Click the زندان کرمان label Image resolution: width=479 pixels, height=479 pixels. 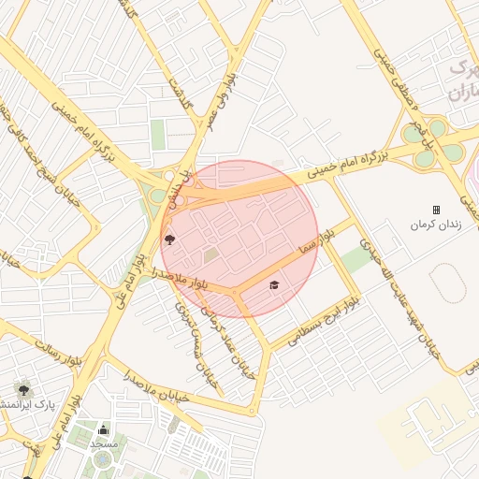coord(434,226)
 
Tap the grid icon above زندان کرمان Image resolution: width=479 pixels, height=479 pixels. coord(435,210)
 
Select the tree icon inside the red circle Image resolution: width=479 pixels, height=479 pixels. coord(169,240)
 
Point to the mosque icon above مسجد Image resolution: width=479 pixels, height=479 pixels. coord(103,430)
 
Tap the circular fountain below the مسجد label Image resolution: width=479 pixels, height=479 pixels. coord(100,460)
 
